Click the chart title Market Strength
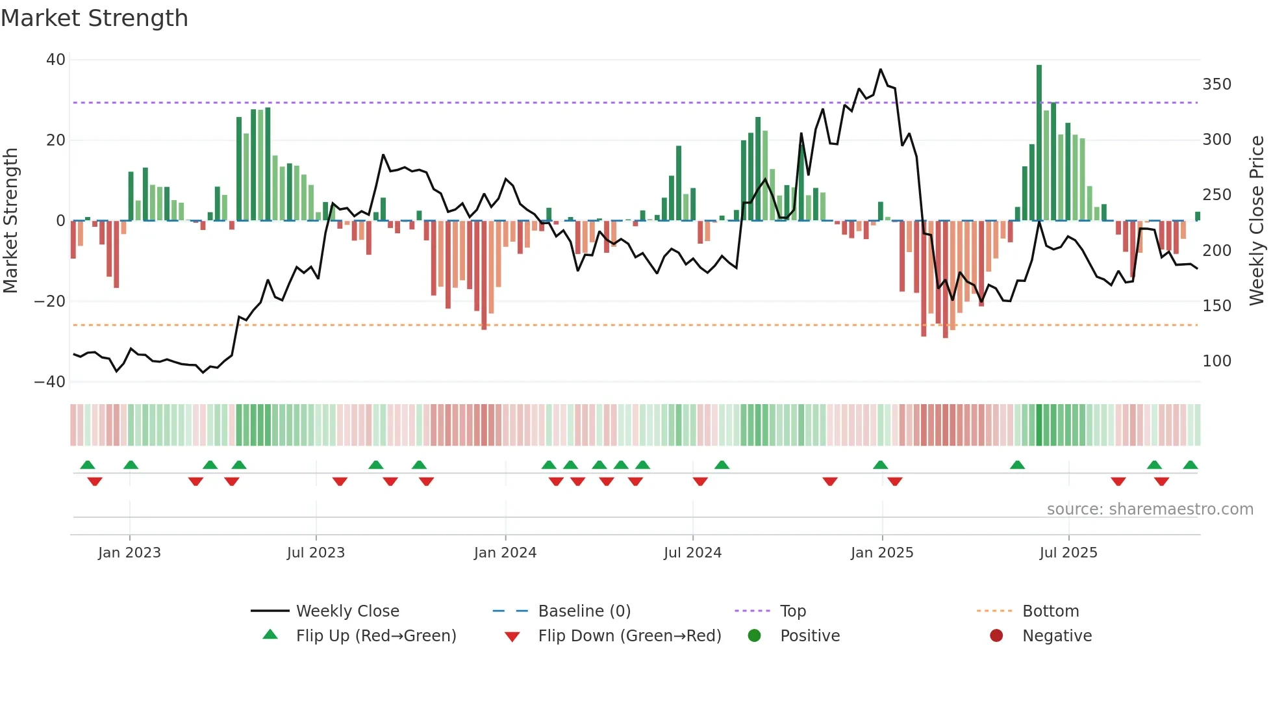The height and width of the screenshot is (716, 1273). [94, 18]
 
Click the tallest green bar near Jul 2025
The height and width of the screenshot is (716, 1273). [1039, 142]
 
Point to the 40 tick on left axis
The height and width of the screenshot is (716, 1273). [56, 60]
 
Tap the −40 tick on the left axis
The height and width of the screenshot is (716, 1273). [50, 382]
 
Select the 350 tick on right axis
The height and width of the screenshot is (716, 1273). [1216, 84]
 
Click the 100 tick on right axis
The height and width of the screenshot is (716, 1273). [1216, 361]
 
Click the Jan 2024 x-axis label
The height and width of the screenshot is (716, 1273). [505, 553]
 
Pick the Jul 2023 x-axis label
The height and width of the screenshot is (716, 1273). [316, 553]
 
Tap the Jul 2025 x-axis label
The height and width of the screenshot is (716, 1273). [1068, 553]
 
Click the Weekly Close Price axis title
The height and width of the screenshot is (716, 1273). [1257, 221]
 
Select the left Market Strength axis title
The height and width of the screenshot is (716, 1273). [10, 221]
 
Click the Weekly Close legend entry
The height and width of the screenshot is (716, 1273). [347, 611]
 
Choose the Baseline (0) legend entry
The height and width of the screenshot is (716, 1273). [584, 611]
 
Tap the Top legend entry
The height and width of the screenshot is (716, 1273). [792, 611]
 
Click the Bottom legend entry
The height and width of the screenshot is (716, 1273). [1050, 611]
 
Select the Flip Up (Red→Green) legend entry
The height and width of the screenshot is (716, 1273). [376, 636]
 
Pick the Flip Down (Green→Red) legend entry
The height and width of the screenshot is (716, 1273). [629, 636]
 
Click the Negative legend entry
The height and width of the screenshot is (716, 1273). [1057, 636]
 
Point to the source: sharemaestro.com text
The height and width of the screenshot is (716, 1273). [1150, 509]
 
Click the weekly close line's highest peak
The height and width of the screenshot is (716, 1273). [881, 70]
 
